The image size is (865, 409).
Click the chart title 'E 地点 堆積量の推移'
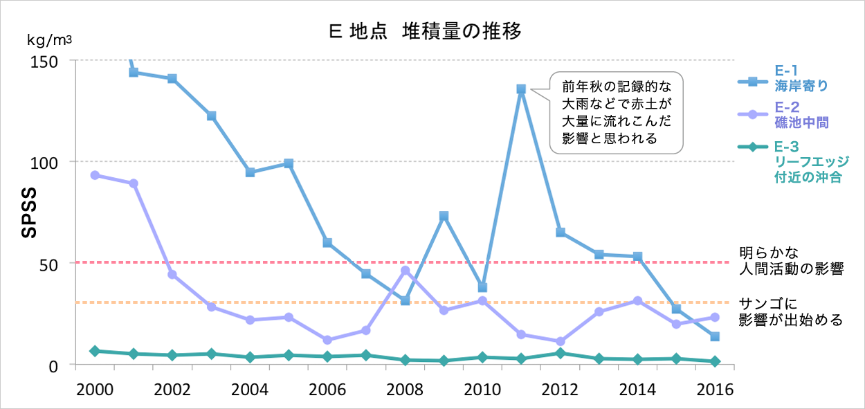coord(424,31)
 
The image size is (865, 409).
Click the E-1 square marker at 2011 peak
coord(521,89)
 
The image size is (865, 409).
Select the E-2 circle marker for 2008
coord(405,271)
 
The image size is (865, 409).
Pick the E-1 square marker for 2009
coord(444,217)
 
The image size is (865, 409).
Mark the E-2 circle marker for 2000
coord(95,175)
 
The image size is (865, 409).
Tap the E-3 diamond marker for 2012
coord(560,354)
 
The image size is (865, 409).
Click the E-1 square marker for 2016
coord(715,336)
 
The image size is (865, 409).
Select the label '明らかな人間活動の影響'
coord(791,261)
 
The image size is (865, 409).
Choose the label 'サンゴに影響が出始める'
coord(791,311)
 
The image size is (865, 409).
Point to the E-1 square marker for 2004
coord(250,172)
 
